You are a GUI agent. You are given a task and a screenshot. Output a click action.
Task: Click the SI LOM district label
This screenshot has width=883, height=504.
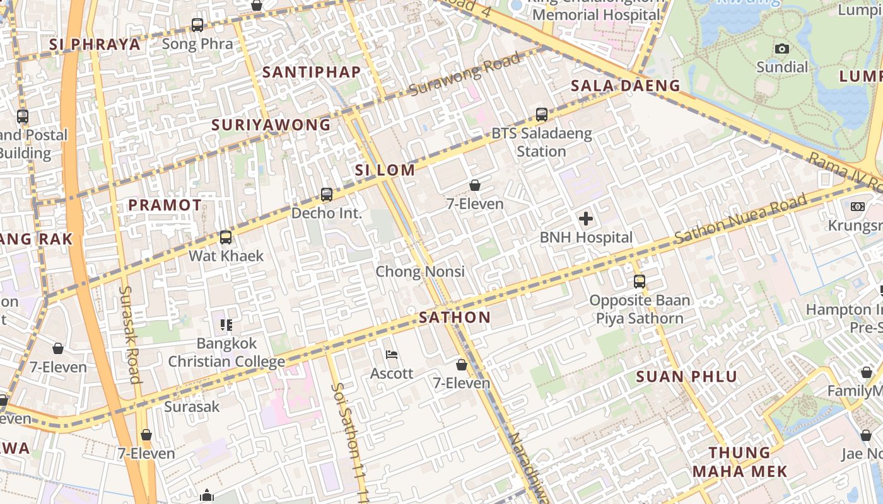(385, 170)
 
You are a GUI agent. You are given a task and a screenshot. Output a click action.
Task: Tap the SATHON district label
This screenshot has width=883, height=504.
(455, 318)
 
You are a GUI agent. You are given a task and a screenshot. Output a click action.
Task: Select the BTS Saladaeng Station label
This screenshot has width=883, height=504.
(542, 142)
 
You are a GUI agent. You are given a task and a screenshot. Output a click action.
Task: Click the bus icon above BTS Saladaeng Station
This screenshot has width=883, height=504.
(542, 115)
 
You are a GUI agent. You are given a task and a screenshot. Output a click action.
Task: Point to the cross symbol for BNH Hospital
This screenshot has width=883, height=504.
(586, 219)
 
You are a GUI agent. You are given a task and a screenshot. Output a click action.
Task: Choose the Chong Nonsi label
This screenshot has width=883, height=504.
(420, 272)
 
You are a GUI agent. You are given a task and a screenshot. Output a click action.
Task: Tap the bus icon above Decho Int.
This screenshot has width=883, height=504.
(327, 195)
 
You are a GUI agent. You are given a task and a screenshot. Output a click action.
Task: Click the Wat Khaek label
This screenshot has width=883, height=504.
(226, 256)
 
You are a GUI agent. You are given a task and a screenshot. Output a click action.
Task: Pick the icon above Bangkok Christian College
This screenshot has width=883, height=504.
(226, 325)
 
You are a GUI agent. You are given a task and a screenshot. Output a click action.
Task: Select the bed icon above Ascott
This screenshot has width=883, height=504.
(392, 355)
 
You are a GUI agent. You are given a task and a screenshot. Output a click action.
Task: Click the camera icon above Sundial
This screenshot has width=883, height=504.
(782, 49)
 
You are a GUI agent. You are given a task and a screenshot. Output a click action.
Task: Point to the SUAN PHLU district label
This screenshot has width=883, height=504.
(686, 377)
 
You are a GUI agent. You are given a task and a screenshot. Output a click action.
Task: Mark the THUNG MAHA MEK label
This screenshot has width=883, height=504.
(740, 462)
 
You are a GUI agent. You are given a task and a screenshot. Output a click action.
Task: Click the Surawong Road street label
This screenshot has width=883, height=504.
(465, 74)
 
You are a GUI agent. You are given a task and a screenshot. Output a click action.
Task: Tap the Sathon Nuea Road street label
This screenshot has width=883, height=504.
(740, 219)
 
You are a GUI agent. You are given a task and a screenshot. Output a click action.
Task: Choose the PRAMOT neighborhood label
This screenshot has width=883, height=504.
(165, 205)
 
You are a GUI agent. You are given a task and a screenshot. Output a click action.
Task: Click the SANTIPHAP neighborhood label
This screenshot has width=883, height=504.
(312, 72)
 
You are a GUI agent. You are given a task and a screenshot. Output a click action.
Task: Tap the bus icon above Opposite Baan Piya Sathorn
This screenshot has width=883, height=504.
(640, 282)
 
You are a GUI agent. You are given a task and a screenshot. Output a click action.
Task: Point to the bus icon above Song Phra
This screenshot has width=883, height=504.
(197, 25)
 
